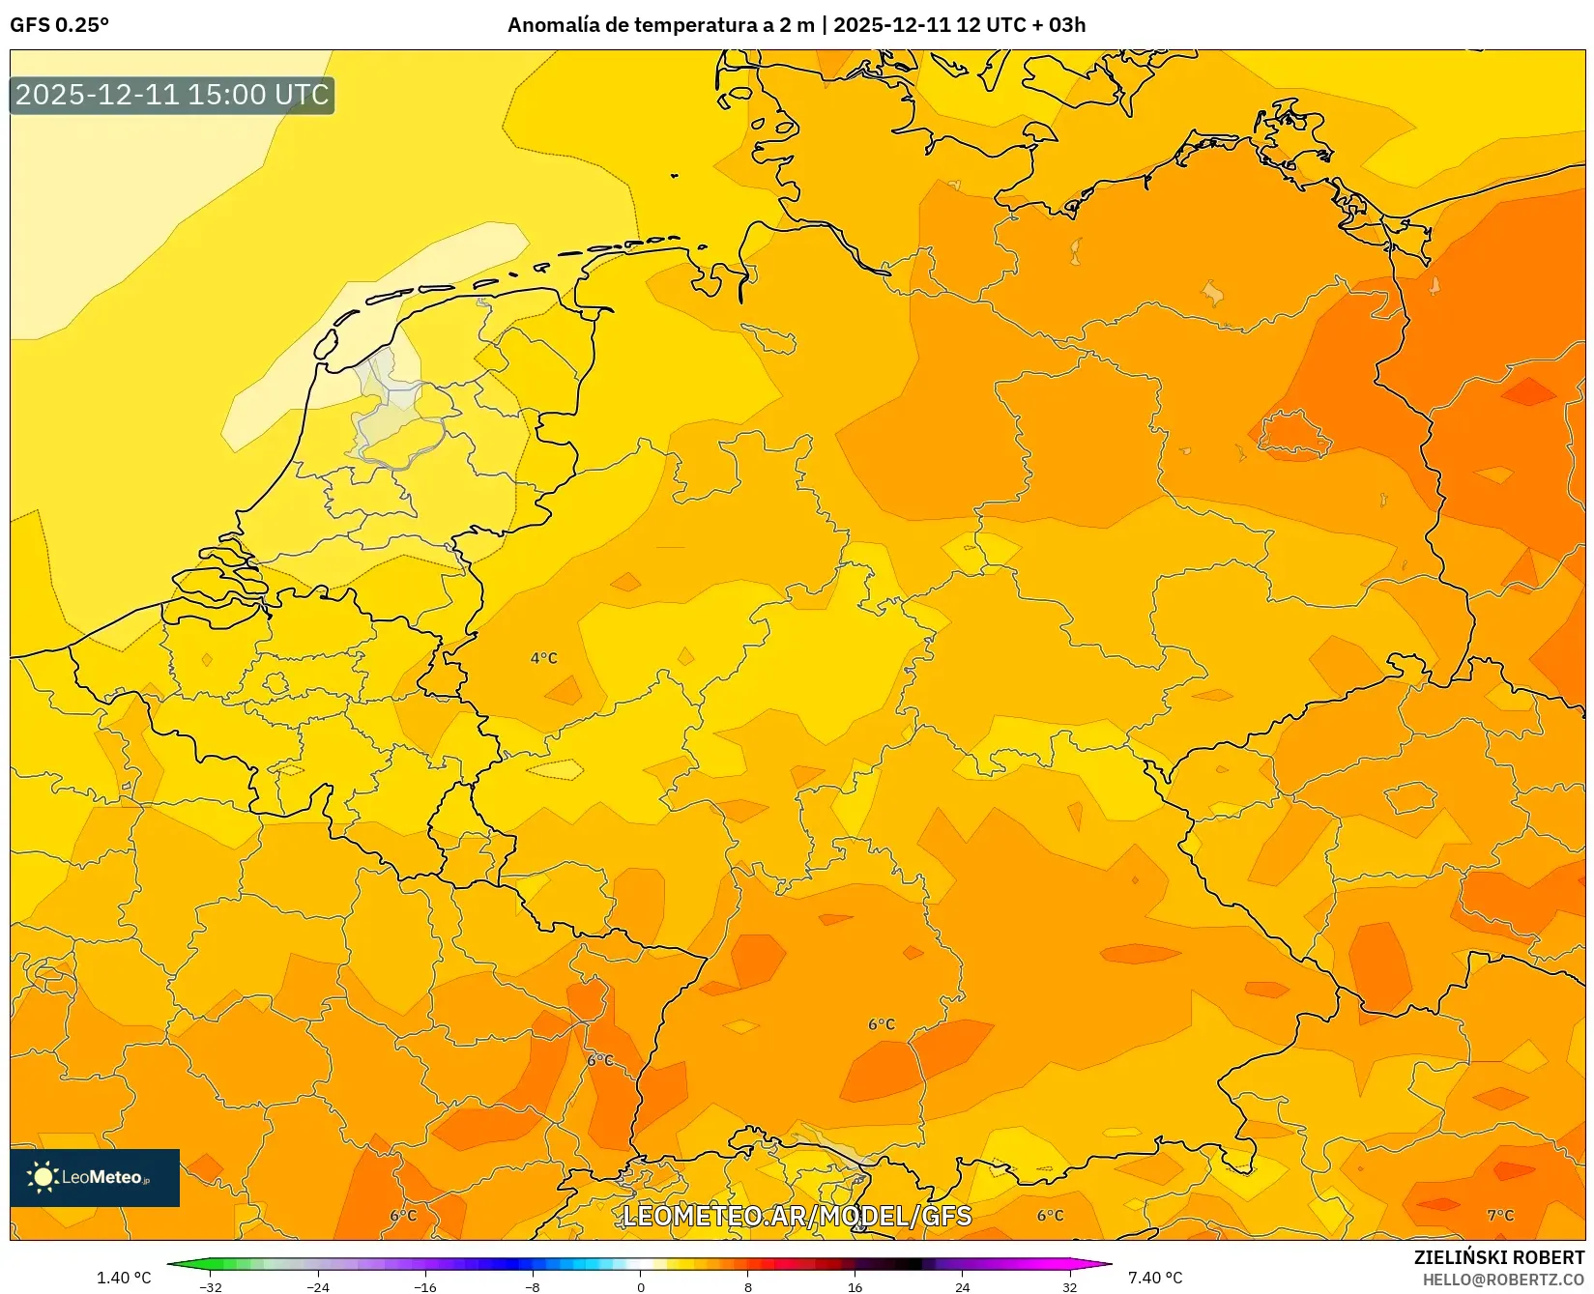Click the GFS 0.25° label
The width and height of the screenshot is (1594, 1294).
coord(59,25)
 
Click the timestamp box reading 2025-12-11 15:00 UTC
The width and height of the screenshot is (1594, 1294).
coord(172,95)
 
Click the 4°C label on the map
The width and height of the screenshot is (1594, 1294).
coord(543,658)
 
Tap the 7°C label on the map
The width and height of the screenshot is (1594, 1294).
coord(1500,1215)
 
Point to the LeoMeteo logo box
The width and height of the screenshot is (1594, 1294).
coord(95,1177)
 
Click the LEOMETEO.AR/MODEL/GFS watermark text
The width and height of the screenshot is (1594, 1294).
coord(797,1216)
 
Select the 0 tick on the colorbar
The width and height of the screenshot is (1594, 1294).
coord(640,1286)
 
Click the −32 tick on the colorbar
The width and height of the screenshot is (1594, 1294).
coord(210,1286)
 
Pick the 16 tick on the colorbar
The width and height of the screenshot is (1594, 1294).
coord(855,1286)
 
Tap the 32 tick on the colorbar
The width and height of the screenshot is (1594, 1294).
coord(1069,1286)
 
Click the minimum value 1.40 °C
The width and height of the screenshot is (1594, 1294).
coord(124,1278)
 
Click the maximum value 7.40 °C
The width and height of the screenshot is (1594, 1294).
coord(1155,1278)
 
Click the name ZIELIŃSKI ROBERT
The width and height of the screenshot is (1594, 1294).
coord(1499,1257)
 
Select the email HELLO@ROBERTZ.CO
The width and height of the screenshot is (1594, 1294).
coord(1503,1279)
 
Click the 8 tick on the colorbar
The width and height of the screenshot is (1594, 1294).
coord(747,1286)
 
